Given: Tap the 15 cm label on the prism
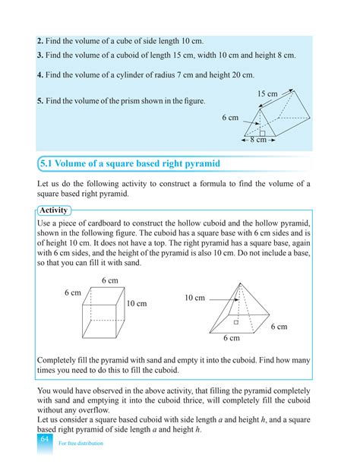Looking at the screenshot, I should (267, 94).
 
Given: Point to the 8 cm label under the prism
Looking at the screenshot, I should (258, 140).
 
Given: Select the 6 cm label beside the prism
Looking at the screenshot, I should (230, 118).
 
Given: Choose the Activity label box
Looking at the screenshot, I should (53, 210).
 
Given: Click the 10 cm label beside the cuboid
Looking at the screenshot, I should (137, 304).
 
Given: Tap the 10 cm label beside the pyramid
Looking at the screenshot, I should (194, 299).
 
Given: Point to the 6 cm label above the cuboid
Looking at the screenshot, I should (110, 281).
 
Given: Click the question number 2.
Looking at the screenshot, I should (39, 40).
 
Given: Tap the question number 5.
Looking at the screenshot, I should (39, 100).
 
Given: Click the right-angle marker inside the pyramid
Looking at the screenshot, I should (236, 322).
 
